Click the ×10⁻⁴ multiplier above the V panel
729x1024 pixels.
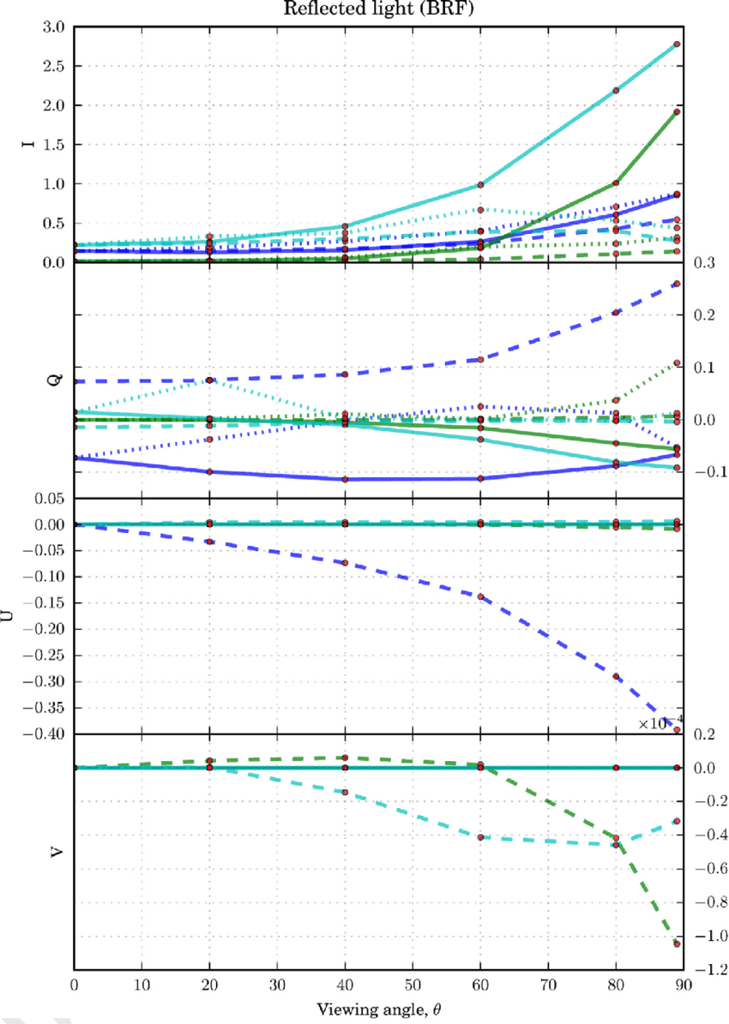(660, 723)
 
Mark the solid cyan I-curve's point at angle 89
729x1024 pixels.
(677, 44)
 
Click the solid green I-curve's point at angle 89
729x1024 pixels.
(677, 111)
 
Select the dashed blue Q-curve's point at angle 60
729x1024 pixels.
(480, 360)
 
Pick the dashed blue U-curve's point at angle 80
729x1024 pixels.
(616, 677)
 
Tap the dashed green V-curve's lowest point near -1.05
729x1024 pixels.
(677, 943)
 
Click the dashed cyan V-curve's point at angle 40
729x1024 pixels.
(345, 793)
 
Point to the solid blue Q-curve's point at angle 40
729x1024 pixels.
(345, 479)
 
